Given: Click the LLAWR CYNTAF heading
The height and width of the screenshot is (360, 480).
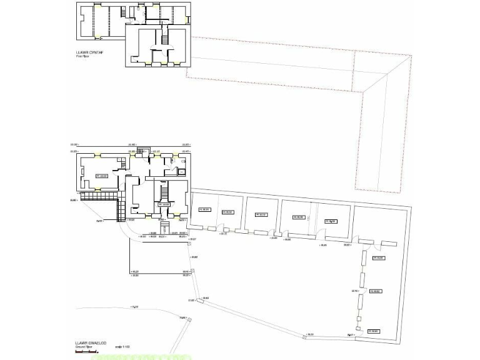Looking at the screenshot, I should coord(87,53).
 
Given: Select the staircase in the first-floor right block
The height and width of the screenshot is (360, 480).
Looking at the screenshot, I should coord(166,37).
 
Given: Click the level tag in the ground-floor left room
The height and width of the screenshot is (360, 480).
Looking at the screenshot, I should coord(101,176).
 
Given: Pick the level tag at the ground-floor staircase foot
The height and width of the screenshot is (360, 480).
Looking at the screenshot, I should coord(164,204).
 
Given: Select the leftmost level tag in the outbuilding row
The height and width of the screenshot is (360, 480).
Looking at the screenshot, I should coord(204,209).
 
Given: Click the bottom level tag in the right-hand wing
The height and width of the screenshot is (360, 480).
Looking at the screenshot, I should coord(374,331).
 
